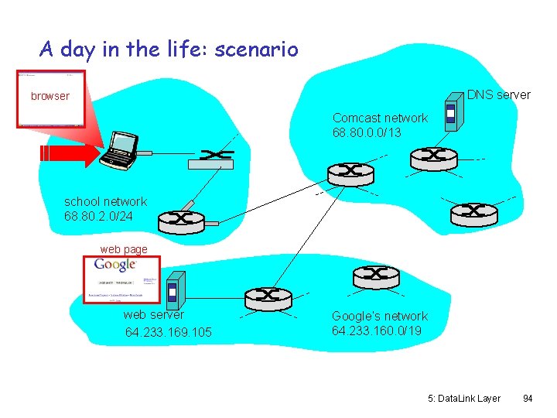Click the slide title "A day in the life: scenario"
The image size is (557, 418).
pyautogui.click(x=169, y=50)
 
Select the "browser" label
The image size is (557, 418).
pyautogui.click(x=50, y=96)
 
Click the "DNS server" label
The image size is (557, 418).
pyautogui.click(x=499, y=94)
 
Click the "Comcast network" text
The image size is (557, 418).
pyautogui.click(x=380, y=118)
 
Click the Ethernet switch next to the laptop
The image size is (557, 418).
pyautogui.click(x=210, y=157)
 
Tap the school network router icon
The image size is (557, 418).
pyautogui.click(x=181, y=221)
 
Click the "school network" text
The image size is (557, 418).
pyautogui.click(x=105, y=201)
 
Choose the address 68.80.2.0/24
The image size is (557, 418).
pyautogui.click(x=99, y=216)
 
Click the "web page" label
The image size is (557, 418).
pyautogui.click(x=124, y=249)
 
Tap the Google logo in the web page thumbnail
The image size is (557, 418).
pyautogui.click(x=114, y=265)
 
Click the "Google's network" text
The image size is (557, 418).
pyautogui.click(x=380, y=316)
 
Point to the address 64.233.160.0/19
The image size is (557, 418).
pyautogui.click(x=377, y=331)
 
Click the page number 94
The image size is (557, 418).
pyautogui.click(x=528, y=398)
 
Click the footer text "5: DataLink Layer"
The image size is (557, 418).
pyautogui.click(x=464, y=398)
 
